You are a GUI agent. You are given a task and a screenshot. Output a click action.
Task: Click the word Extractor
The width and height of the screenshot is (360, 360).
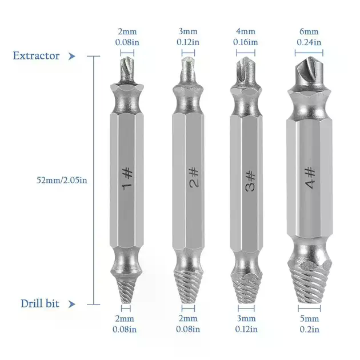pos(36,56)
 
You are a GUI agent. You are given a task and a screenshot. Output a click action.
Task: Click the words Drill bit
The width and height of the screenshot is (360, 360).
pos(40,303)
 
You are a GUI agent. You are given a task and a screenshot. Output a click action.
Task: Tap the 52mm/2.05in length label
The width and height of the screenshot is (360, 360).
pos(62,180)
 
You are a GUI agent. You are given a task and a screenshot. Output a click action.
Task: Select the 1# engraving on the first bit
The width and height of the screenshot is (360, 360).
pos(127,179)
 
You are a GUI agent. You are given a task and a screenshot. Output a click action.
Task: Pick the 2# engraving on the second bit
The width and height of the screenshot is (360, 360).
pos(194,178)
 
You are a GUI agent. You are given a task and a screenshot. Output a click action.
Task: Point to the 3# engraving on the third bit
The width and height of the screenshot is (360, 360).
pos(250,181)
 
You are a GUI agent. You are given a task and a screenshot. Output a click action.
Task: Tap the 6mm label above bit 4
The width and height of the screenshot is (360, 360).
pos(309,31)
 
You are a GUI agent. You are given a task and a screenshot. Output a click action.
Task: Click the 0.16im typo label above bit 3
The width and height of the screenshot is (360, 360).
pos(246,42)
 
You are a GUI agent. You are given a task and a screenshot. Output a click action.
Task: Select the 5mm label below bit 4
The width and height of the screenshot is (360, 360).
pos(309,319)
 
